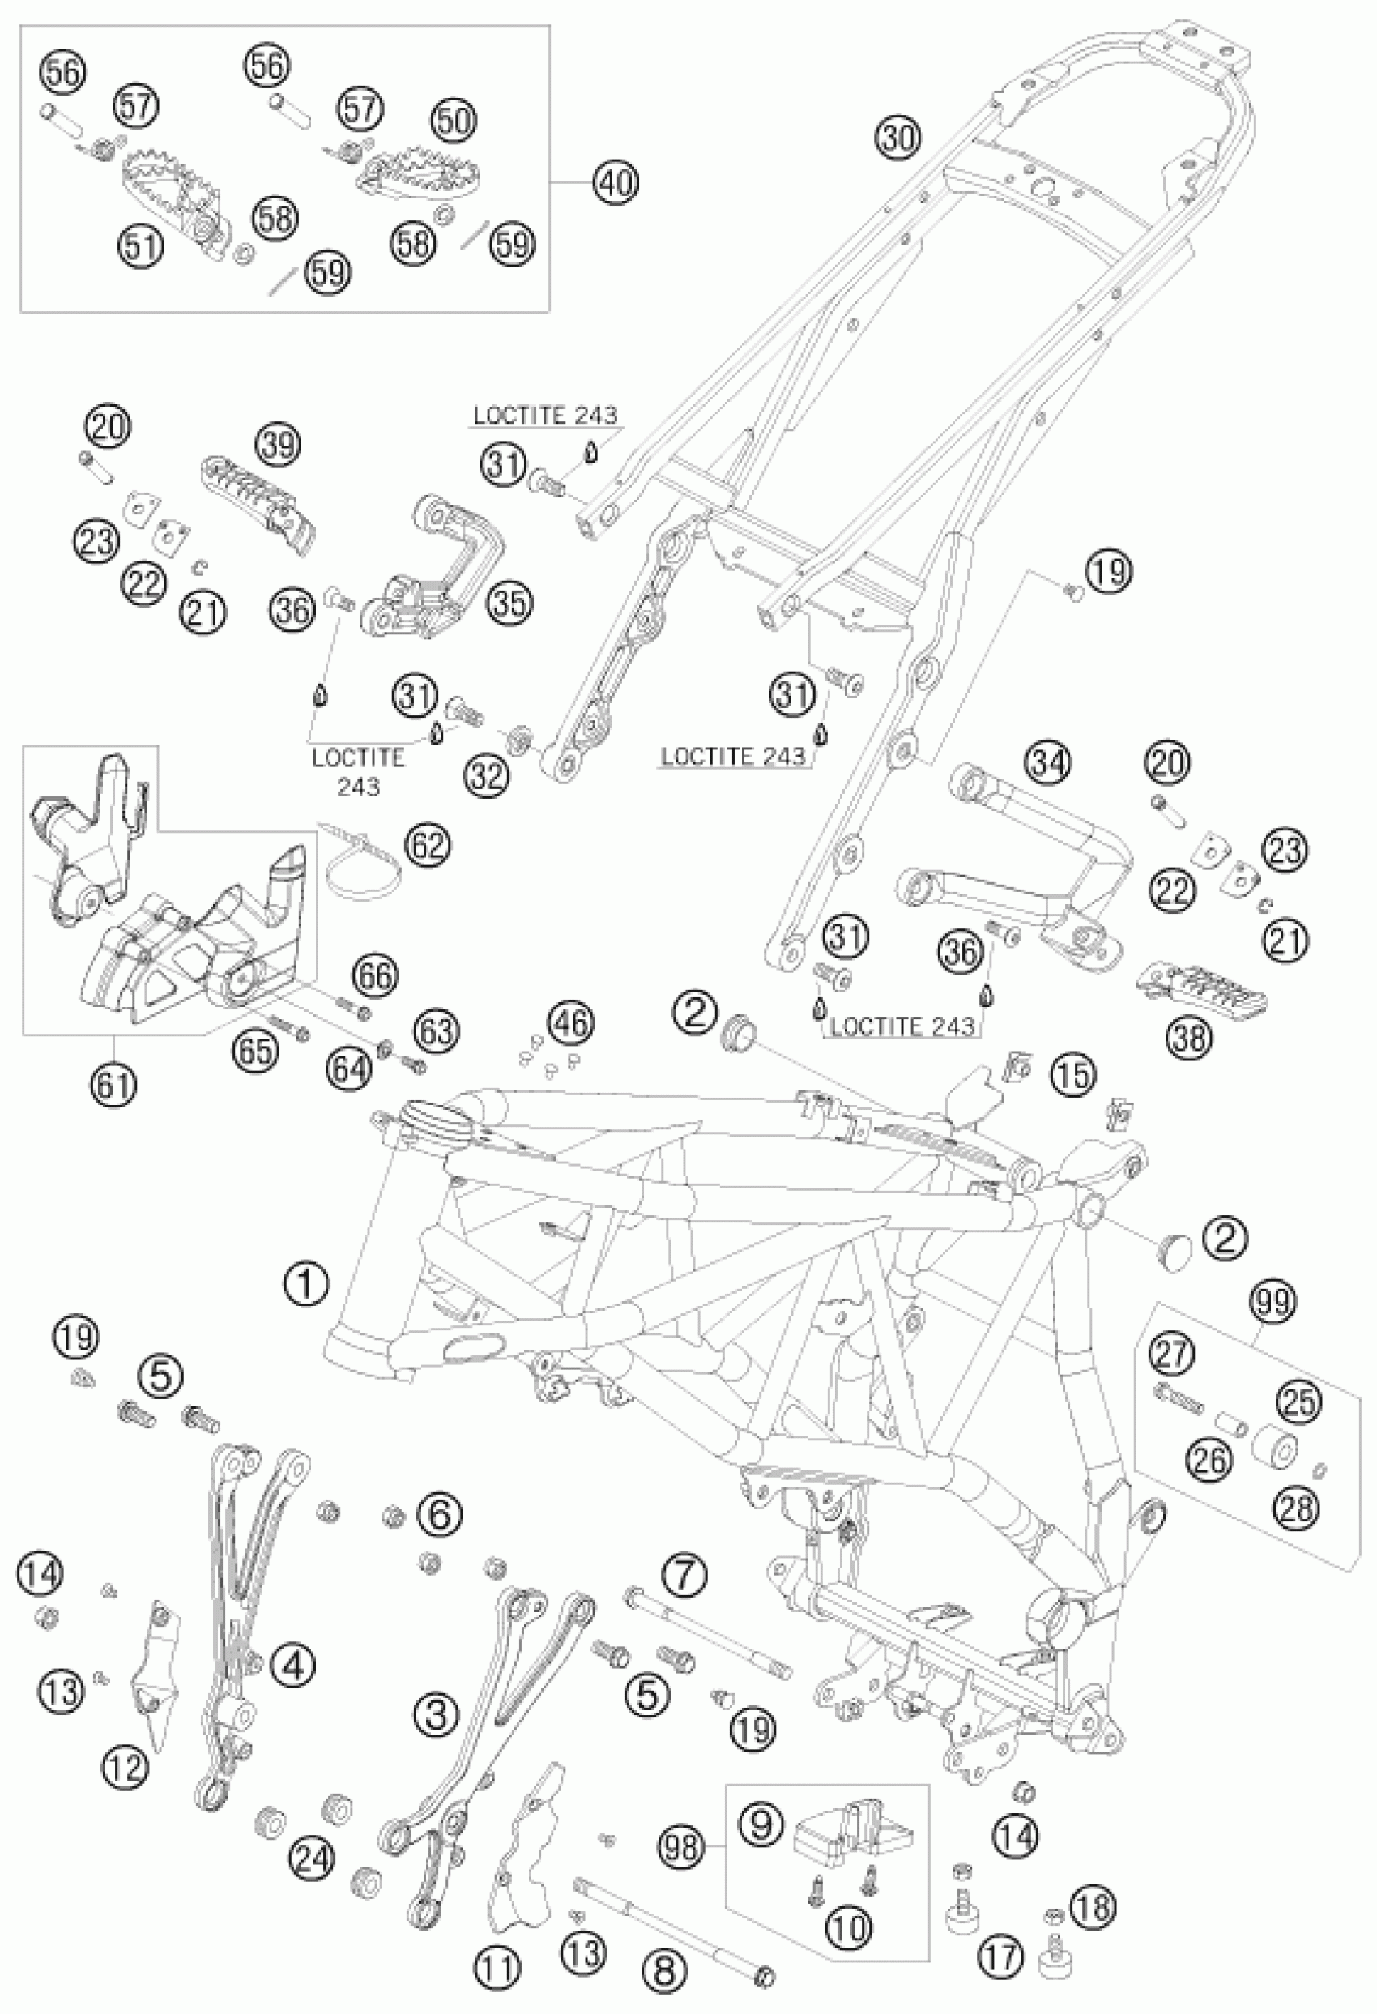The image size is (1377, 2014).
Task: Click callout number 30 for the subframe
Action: click(897, 138)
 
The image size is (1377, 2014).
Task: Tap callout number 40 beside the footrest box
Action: click(616, 183)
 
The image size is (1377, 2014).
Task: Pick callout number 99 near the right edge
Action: click(1273, 1301)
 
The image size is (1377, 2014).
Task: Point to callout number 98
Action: click(684, 1848)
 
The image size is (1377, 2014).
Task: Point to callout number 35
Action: click(509, 602)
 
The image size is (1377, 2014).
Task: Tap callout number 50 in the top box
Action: click(454, 121)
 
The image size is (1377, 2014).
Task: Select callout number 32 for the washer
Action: click(488, 776)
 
